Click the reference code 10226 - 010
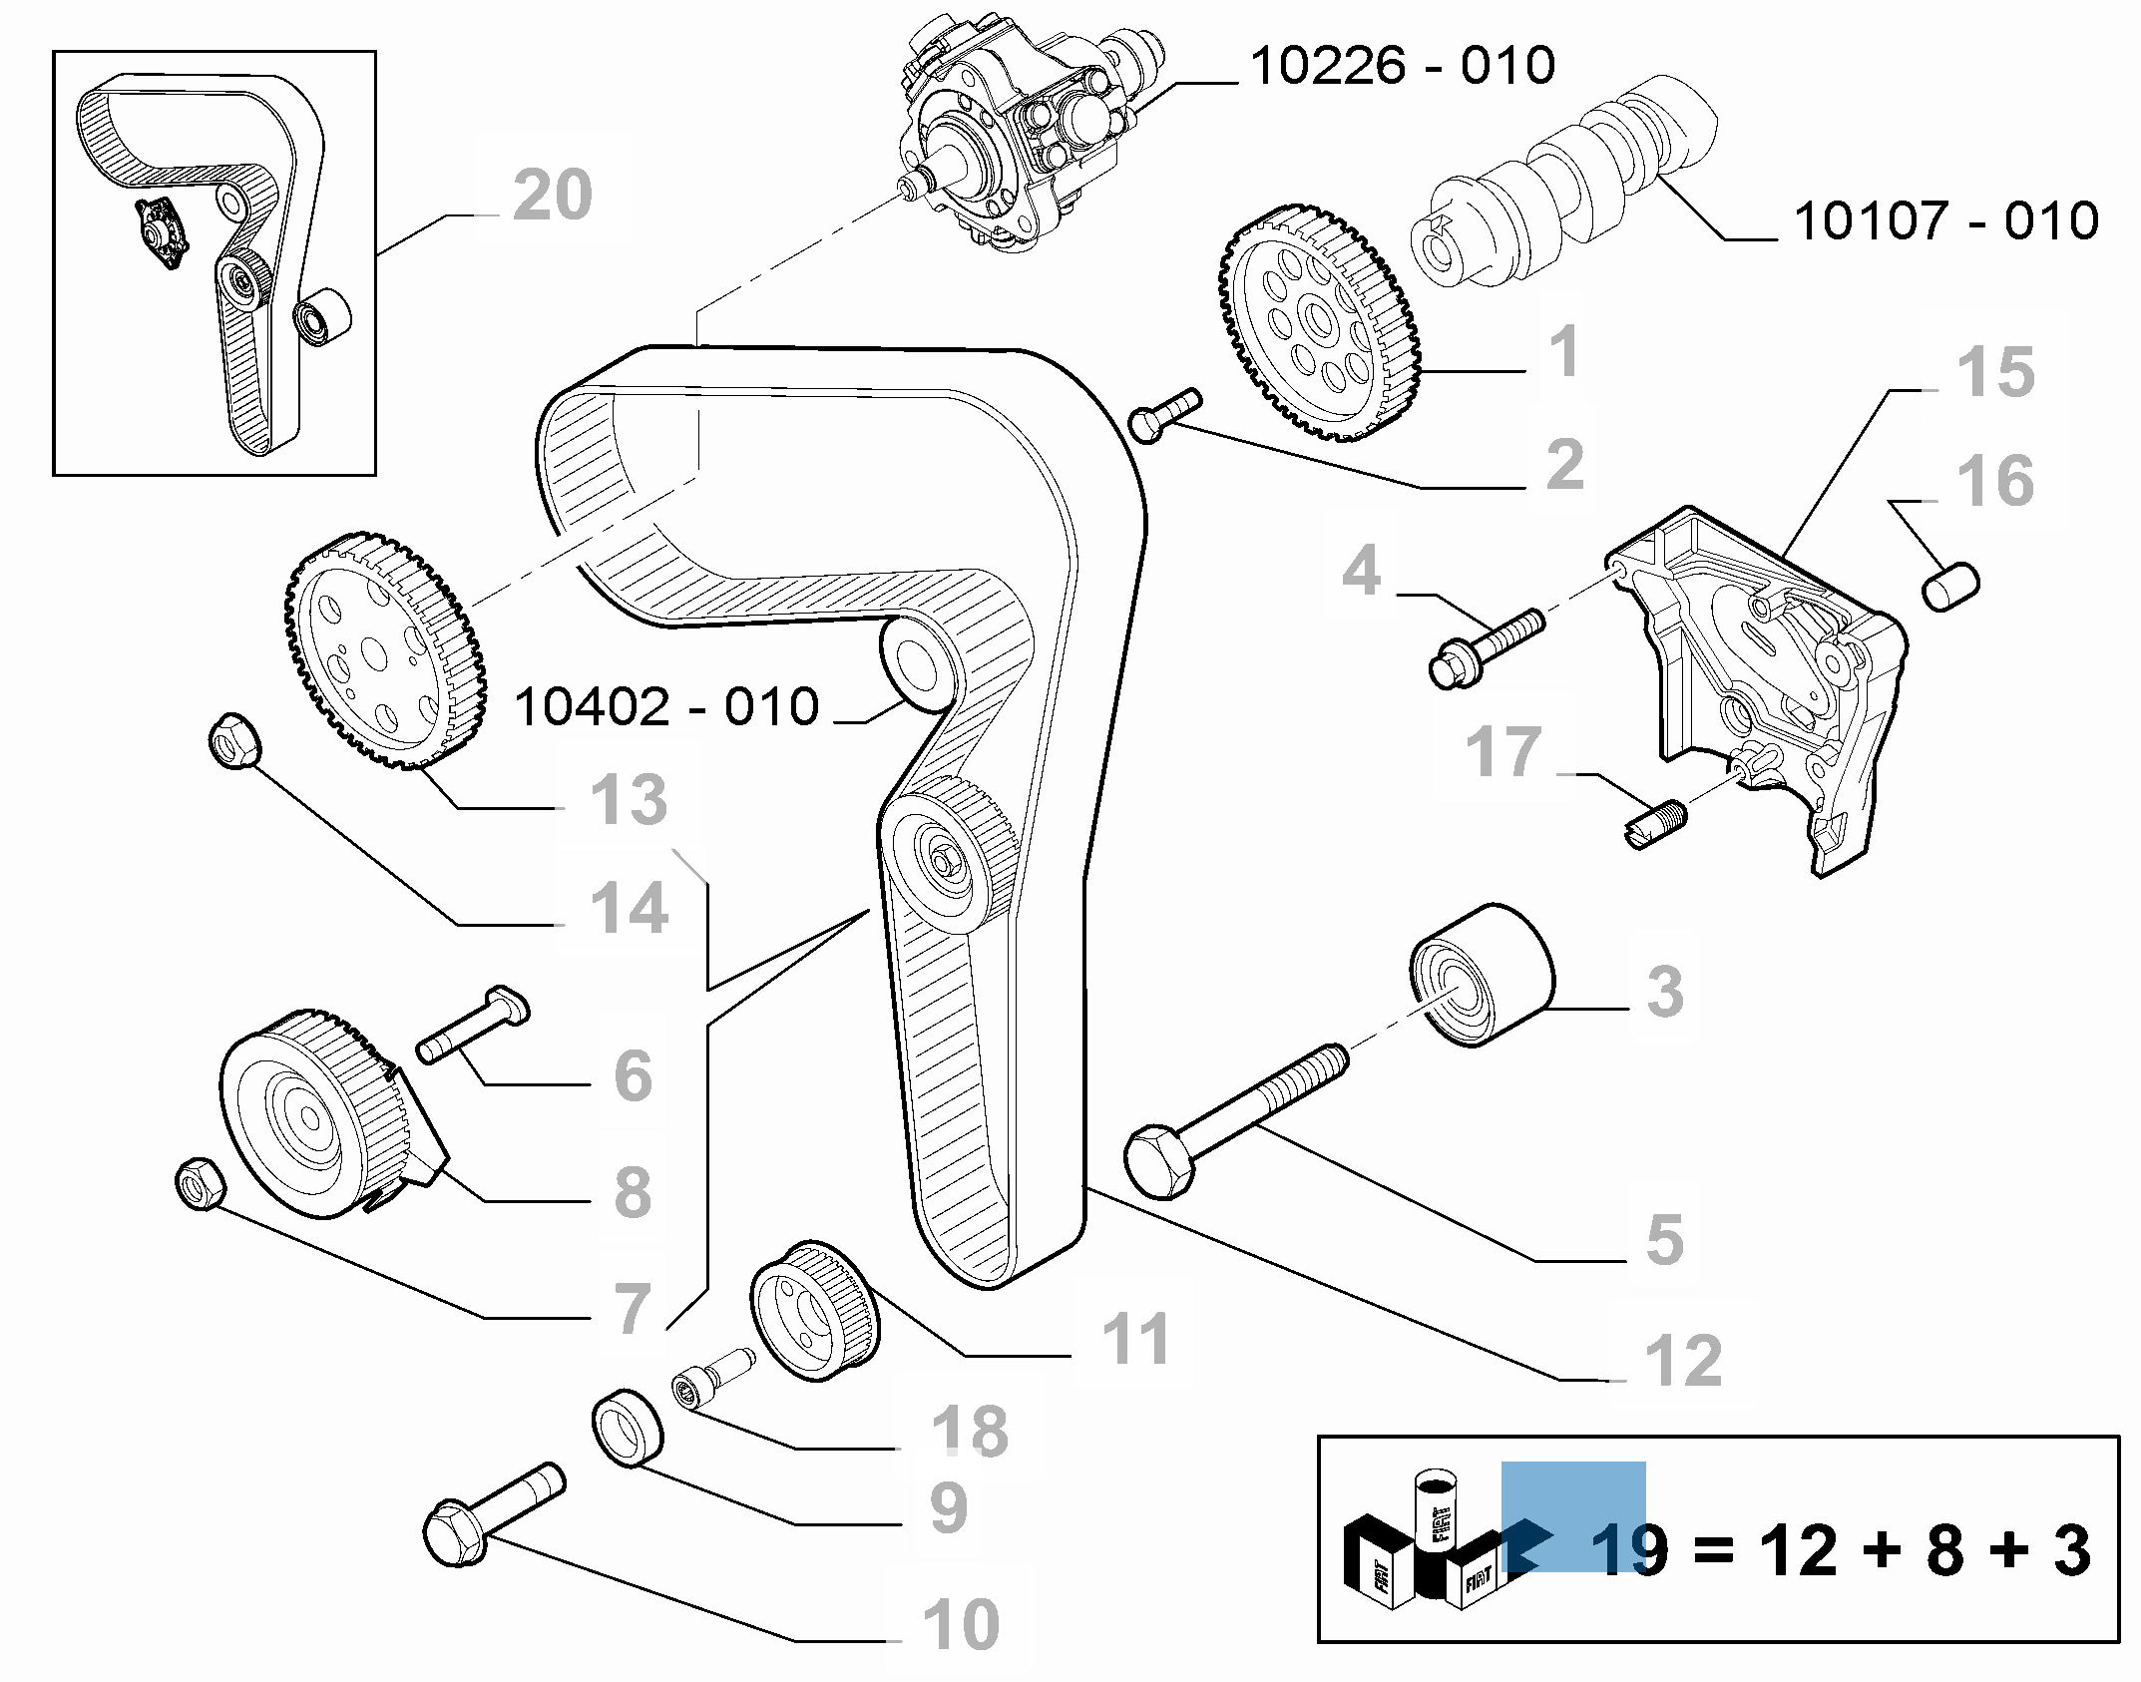point(1402,66)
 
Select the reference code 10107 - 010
point(1945,220)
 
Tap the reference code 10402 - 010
point(665,706)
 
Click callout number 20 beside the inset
point(553,196)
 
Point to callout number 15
point(1995,372)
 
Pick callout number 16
point(1995,481)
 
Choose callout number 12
point(1683,1360)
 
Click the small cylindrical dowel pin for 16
point(1951,587)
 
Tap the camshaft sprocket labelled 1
point(1321,325)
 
